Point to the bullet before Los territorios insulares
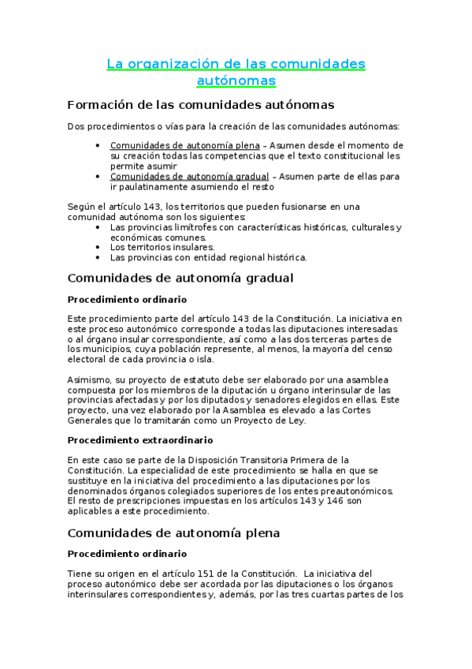click(97, 247)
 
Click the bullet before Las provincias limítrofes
click(97, 227)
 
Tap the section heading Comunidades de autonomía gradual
click(180, 278)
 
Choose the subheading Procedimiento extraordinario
click(139, 440)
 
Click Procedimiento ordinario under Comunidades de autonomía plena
click(127, 554)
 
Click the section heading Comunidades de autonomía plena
click(174, 533)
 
